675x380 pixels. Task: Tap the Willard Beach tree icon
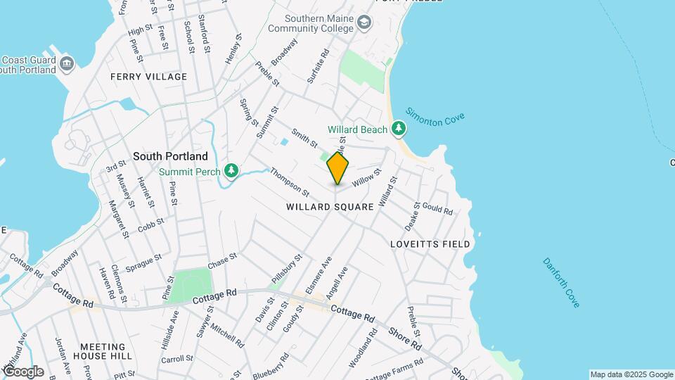[x=399, y=128]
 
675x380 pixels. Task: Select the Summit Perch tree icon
[x=231, y=170]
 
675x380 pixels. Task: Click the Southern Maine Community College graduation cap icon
[x=364, y=23]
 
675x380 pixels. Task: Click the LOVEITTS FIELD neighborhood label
[x=430, y=243]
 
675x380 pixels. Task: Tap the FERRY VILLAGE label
[x=149, y=76]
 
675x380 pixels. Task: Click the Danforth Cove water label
[x=561, y=282]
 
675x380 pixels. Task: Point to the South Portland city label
[x=171, y=156]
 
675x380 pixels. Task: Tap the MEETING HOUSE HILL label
[x=106, y=351]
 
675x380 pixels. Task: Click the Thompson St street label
[x=290, y=181]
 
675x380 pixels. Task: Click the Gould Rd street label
[x=437, y=210]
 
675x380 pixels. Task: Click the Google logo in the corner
[x=22, y=371]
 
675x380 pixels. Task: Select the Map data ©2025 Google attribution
[x=631, y=374]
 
